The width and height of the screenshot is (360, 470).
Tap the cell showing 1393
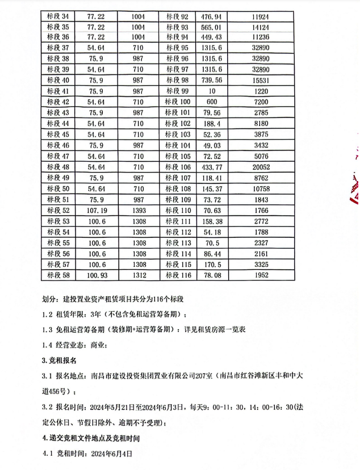138,210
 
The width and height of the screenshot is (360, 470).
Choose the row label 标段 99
178,91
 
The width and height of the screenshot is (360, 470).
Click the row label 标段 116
178,275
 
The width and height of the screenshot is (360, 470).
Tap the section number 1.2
50,314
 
